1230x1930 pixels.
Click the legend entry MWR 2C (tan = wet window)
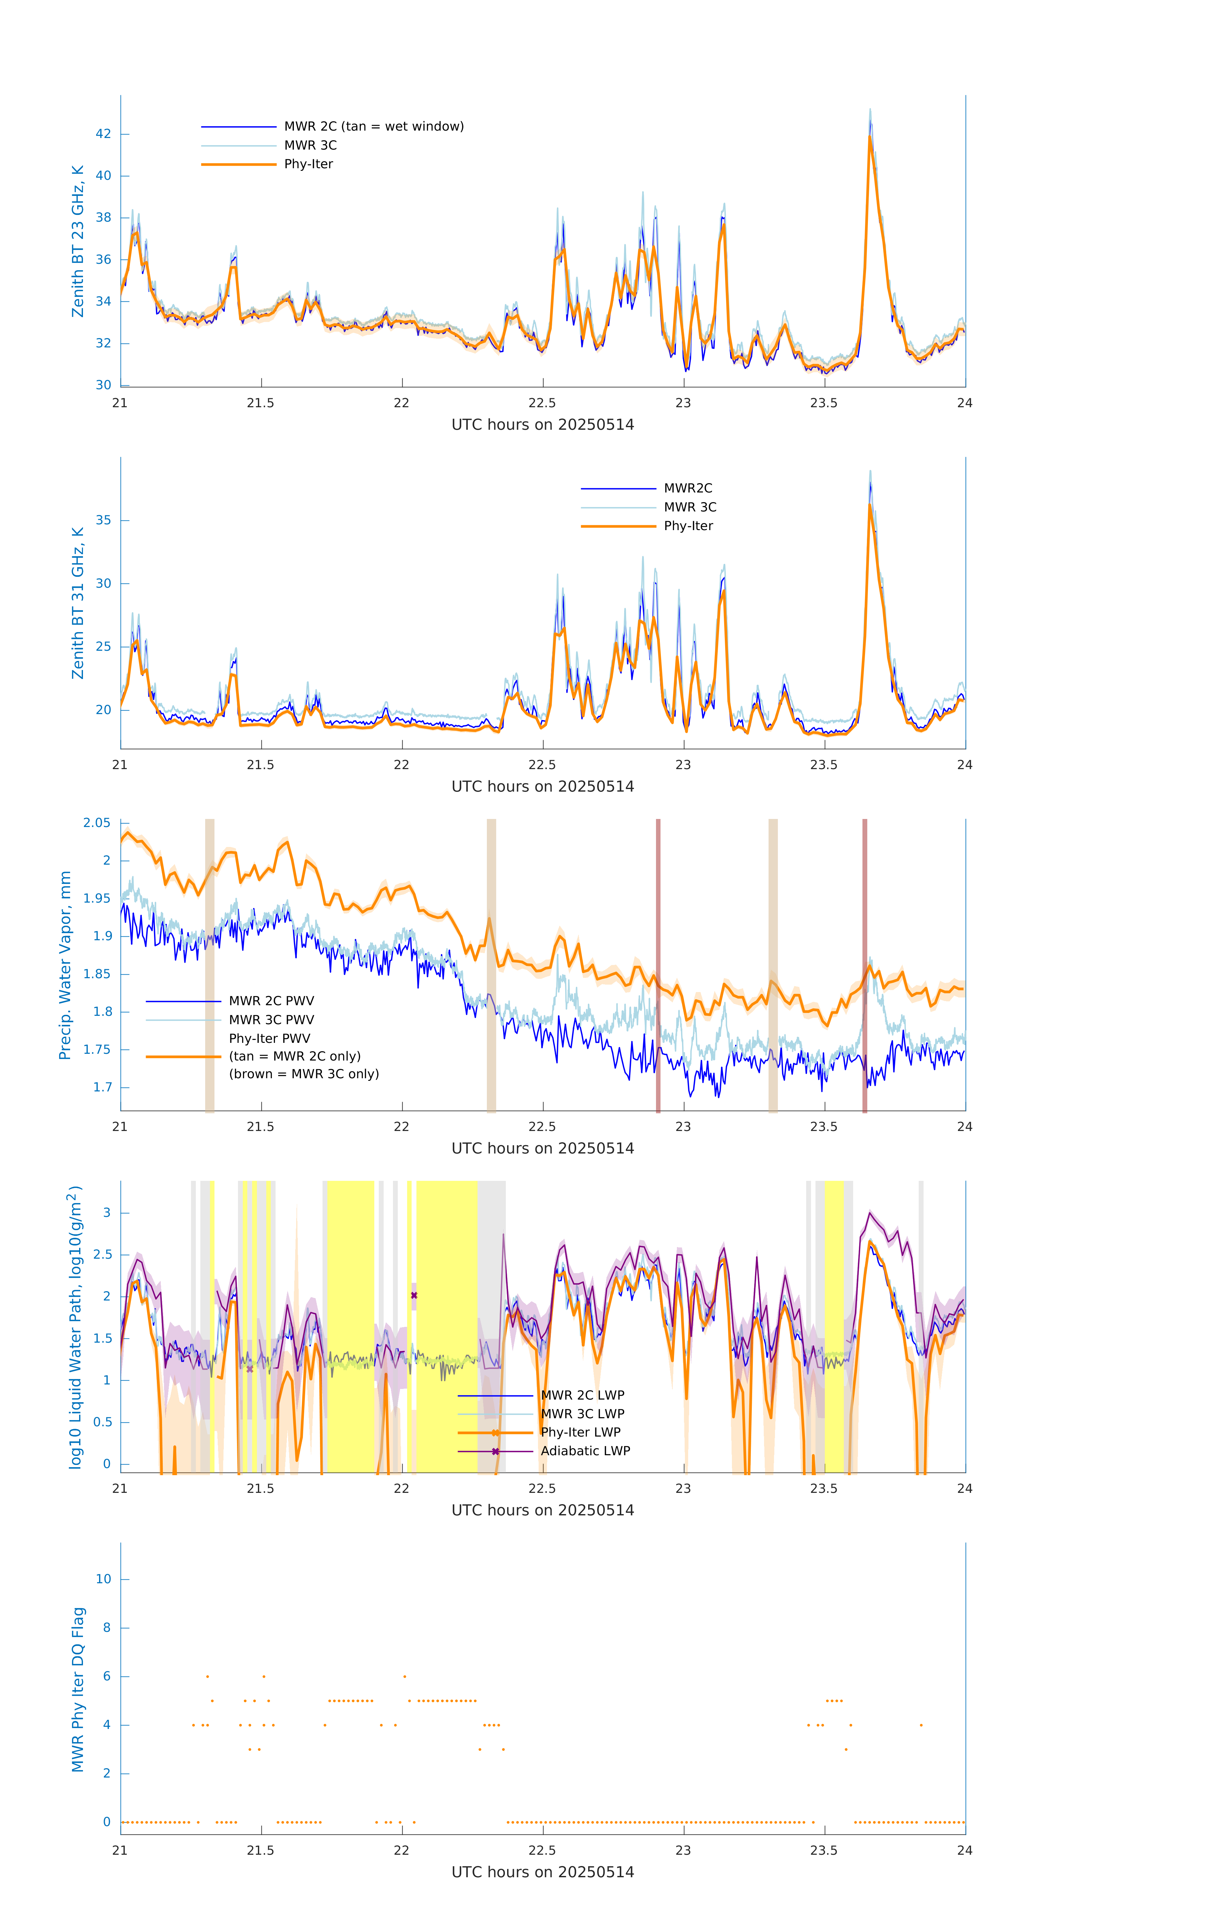tap(373, 127)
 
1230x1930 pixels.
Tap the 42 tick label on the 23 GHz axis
tap(103, 134)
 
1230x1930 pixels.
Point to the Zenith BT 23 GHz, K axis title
tap(78, 241)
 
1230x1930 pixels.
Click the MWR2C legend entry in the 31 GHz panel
tap(688, 488)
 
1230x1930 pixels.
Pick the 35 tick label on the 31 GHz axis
tap(103, 520)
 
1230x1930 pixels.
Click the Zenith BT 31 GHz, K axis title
tap(78, 603)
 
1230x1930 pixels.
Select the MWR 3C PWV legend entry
tap(271, 1019)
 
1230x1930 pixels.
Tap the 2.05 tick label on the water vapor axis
tap(97, 823)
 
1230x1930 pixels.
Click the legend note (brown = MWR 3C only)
tap(304, 1074)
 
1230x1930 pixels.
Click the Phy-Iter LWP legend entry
tap(580, 1432)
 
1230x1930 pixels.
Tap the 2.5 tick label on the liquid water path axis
tap(103, 1255)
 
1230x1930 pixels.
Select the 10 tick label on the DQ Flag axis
tap(103, 1579)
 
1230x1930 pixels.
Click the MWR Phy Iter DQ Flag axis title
tap(78, 1689)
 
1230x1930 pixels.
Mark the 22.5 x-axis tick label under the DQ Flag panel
tap(542, 1851)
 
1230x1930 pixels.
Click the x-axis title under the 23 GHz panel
tap(542, 425)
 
